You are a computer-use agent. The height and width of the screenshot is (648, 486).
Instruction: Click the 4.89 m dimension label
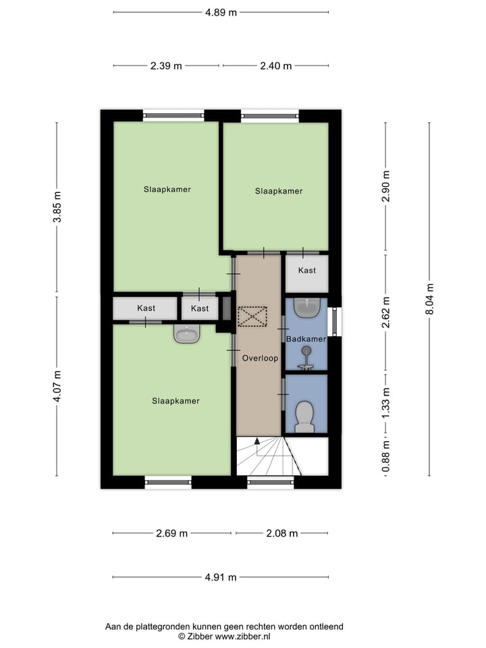coord(221,11)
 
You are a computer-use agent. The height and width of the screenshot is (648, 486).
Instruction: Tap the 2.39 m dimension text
coord(166,65)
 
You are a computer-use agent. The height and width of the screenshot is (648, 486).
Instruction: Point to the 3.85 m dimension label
coord(57,209)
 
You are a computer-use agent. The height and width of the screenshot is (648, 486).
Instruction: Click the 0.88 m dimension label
coord(386,456)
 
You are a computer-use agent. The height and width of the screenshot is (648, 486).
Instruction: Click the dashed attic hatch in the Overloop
coord(252,316)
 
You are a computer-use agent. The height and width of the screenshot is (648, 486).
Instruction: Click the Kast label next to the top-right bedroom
coord(307,270)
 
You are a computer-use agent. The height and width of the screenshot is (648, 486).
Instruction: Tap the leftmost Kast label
coord(146,308)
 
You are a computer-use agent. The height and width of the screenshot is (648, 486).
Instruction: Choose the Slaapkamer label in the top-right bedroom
coord(278,191)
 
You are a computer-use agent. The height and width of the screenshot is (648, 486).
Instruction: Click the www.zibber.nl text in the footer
coord(242,636)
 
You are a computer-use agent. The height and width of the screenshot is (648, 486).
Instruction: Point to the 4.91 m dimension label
coord(221,577)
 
